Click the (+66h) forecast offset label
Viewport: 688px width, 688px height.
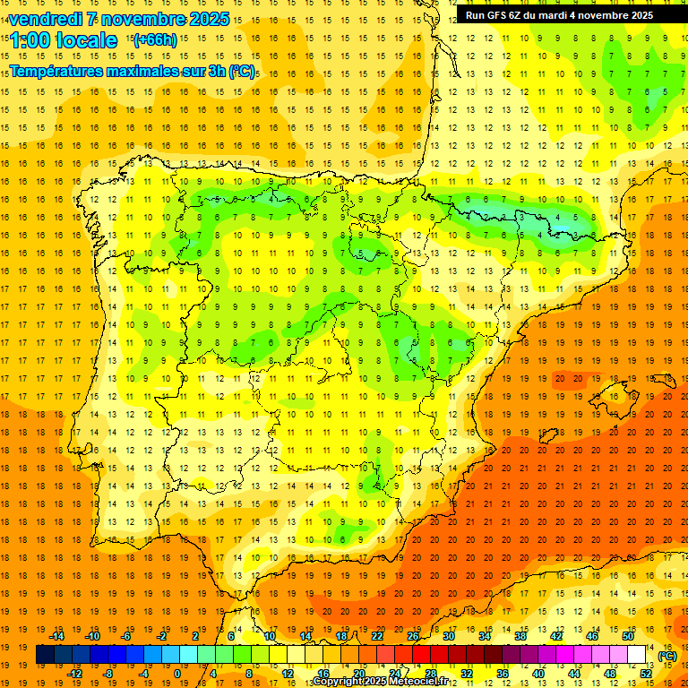pyautogui.click(x=155, y=39)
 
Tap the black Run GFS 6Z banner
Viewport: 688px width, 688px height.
pyautogui.click(x=559, y=15)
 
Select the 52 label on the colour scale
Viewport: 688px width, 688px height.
pyautogui.click(x=646, y=674)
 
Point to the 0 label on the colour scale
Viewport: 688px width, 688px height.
pyautogui.click(x=178, y=674)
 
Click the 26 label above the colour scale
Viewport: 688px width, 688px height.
pyautogui.click(x=413, y=636)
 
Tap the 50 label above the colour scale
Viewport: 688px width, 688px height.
pyautogui.click(x=628, y=636)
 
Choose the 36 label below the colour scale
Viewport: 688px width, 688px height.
pyautogui.click(x=503, y=674)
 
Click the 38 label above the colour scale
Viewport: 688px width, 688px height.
pyautogui.click(x=520, y=636)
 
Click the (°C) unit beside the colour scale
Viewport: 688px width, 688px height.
pyautogui.click(x=667, y=656)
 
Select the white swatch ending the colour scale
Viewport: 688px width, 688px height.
pyautogui.click(x=637, y=655)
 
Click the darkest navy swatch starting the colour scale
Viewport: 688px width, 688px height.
pyautogui.click(x=45, y=655)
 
